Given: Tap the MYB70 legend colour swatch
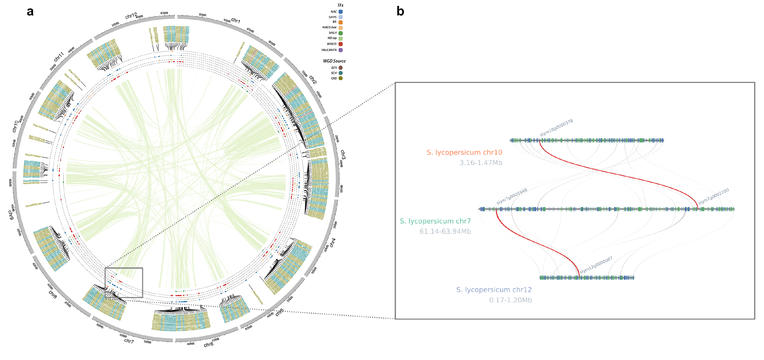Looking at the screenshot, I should [341, 44].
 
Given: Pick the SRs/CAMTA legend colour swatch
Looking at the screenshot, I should [341, 50].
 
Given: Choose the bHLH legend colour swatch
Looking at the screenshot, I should [341, 33].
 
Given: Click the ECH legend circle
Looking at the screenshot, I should [341, 68].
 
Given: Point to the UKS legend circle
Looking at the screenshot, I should [341, 78].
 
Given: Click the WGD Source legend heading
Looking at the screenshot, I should [334, 61].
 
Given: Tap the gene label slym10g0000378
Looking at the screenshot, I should [556, 128].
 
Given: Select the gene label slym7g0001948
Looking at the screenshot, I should [512, 196].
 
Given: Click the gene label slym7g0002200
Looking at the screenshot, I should [713, 196].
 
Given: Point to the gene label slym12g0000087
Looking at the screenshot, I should [596, 265].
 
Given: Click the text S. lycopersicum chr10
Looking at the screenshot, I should [464, 153].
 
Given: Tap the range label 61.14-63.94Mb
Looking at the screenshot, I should [445, 231].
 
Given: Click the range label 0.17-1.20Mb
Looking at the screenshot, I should [510, 300].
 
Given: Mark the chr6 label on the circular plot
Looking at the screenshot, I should [208, 344].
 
